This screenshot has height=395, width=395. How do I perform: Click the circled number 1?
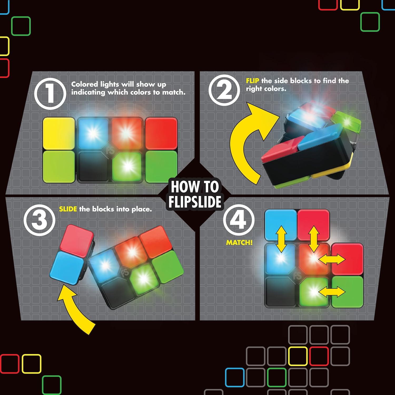pyautogui.click(x=50, y=94)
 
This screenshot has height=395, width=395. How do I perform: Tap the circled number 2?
pyautogui.click(x=224, y=90)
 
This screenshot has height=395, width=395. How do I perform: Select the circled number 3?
pyautogui.click(x=39, y=220)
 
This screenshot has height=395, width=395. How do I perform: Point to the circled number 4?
pyautogui.click(x=239, y=220)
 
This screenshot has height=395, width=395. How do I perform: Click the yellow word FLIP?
pyautogui.click(x=252, y=81)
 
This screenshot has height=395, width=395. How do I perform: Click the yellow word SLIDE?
pyautogui.click(x=68, y=209)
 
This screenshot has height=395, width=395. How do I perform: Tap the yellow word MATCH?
pyautogui.click(x=239, y=243)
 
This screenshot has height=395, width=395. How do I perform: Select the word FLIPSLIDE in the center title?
pyautogui.click(x=195, y=202)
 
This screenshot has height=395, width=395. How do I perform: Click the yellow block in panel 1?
pyautogui.click(x=59, y=134)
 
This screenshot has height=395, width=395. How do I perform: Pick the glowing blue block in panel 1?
pyautogui.click(x=93, y=134)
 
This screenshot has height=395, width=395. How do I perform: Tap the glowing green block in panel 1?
pyautogui.click(x=127, y=166)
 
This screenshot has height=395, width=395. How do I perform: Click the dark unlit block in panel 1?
pyautogui.click(x=93, y=166)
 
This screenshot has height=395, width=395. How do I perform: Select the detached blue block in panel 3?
pyautogui.click(x=67, y=267)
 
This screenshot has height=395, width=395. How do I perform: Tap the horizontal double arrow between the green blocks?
pyautogui.click(x=332, y=292)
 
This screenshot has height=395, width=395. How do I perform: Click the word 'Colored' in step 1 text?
pyautogui.click(x=84, y=84)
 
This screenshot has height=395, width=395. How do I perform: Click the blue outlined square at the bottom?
pyautogui.click(x=235, y=377)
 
